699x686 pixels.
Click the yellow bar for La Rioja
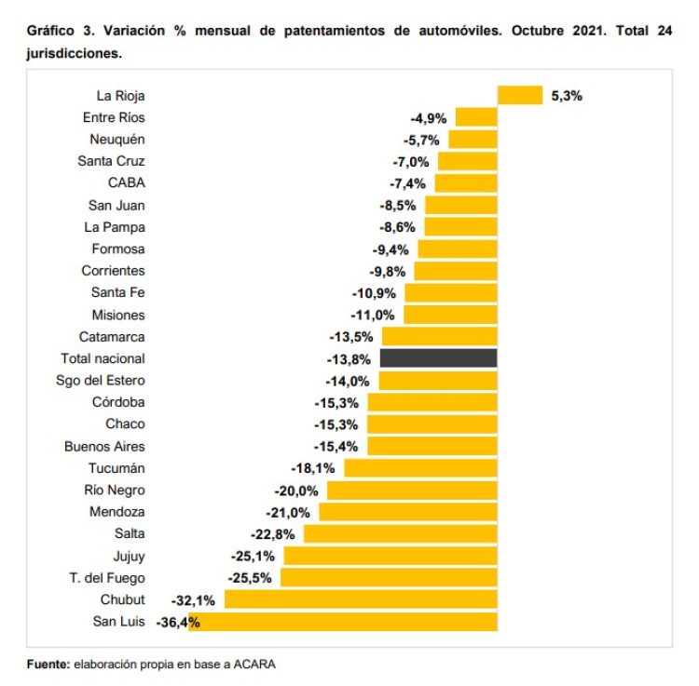point(519,95)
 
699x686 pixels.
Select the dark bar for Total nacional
point(438,358)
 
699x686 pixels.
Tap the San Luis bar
point(343,622)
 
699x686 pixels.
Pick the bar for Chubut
point(361,599)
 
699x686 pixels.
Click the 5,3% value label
point(567,95)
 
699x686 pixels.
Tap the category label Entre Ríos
point(114,117)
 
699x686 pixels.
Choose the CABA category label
point(127,182)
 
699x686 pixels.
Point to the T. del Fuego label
point(108,577)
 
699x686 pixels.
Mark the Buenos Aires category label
point(104,446)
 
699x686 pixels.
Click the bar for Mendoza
point(408,512)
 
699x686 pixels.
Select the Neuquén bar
point(473,139)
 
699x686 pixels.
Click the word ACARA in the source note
point(254,664)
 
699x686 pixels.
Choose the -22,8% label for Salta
point(272,533)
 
